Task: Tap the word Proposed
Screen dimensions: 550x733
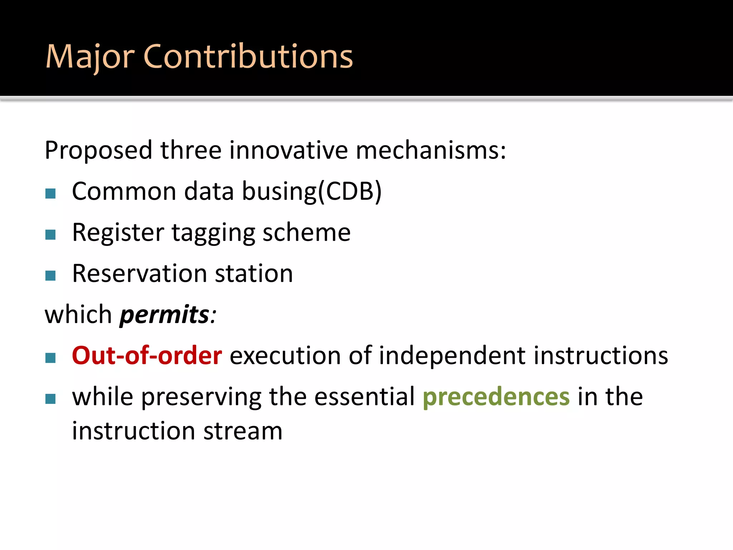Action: click(x=99, y=150)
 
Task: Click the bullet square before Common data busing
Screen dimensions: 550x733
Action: click(x=50, y=194)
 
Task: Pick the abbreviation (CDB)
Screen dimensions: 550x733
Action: click(x=350, y=191)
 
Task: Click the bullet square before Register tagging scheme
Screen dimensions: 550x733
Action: click(x=50, y=235)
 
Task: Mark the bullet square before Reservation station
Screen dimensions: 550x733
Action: click(x=50, y=276)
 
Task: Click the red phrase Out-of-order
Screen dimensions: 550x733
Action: click(x=147, y=356)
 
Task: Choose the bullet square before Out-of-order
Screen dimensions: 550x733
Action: click(x=50, y=358)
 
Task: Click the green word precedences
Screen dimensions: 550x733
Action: click(x=496, y=397)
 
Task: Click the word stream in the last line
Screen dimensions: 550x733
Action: click(x=243, y=431)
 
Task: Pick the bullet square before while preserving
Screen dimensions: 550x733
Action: click(x=50, y=399)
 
